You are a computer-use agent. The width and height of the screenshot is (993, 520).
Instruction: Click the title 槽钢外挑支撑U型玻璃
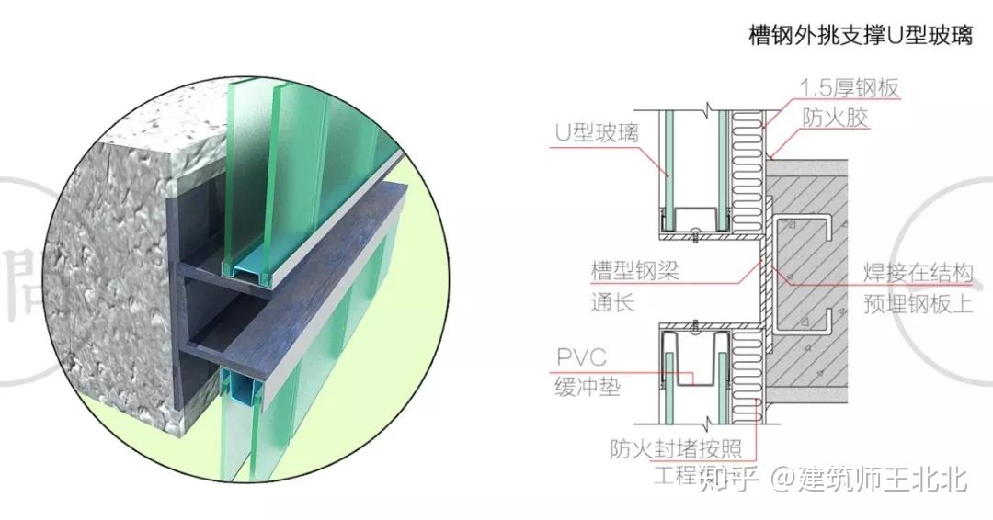click(861, 37)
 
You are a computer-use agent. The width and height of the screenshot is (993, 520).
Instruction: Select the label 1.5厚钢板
click(849, 88)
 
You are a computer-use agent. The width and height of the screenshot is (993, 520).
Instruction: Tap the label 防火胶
click(835, 118)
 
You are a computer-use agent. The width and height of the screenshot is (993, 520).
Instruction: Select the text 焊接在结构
click(917, 273)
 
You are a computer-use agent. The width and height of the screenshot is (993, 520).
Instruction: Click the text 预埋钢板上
click(917, 303)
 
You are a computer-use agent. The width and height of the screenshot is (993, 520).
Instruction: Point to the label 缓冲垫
click(588, 387)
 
